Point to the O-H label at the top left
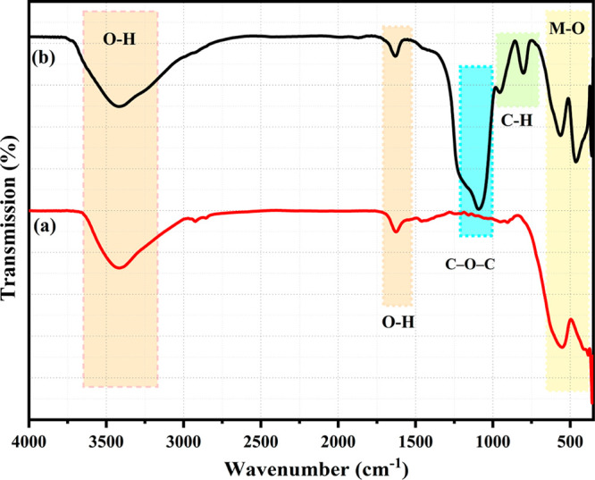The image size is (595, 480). click(120, 38)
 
